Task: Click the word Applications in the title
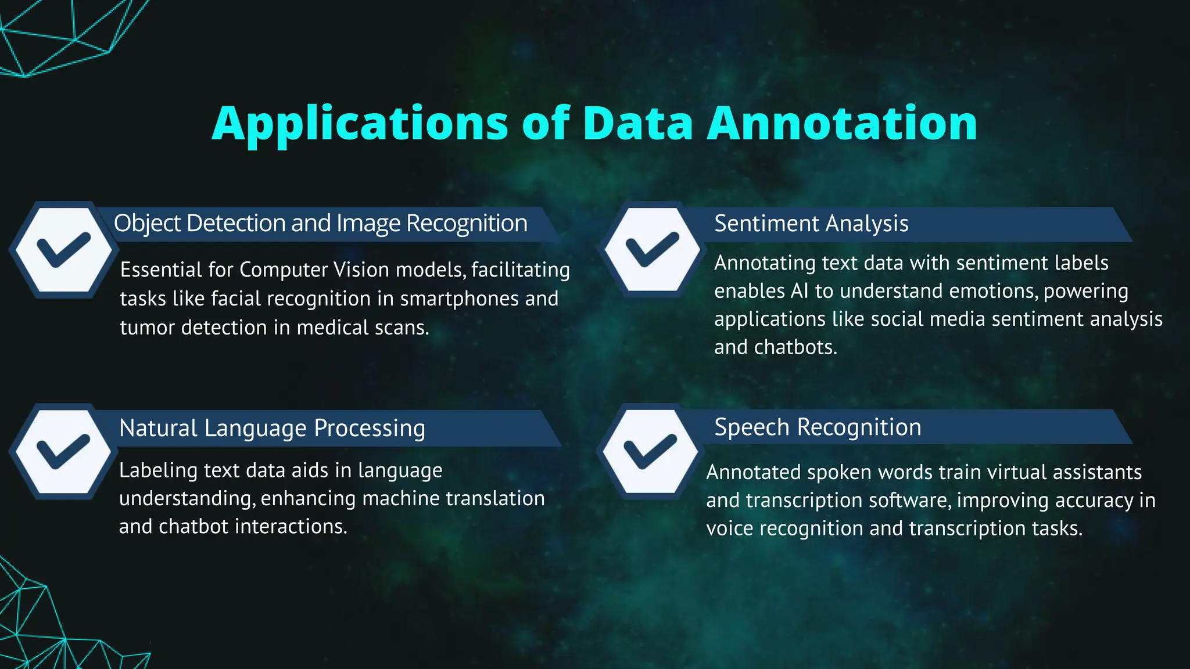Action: [360, 123]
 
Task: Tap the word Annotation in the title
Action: [842, 123]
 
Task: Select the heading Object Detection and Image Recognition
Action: [320, 224]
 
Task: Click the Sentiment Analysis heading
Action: [811, 224]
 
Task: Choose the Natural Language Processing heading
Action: [272, 428]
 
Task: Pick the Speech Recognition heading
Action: [818, 427]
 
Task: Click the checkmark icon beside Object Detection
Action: [63, 250]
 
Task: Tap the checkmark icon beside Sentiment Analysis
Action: [652, 250]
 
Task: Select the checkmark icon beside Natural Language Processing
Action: [63, 452]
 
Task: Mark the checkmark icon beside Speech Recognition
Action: [650, 452]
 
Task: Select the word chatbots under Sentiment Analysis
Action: [795, 347]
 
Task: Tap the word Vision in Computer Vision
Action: [361, 270]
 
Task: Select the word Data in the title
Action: [638, 123]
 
